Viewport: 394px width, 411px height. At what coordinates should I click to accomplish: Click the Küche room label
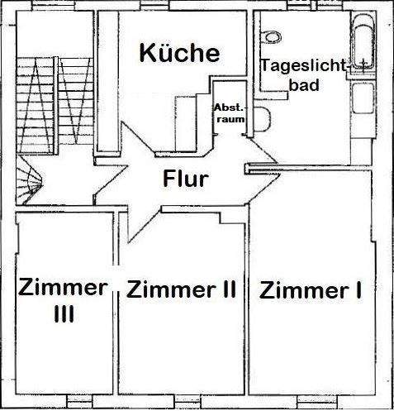pyautogui.click(x=179, y=53)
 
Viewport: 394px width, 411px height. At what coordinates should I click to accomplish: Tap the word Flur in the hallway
pyautogui.click(x=185, y=178)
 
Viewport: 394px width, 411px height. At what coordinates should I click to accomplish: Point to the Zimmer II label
pyautogui.click(x=181, y=289)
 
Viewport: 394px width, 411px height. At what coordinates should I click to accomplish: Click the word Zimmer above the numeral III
pyautogui.click(x=63, y=288)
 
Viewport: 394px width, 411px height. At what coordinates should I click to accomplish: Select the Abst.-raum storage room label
pyautogui.click(x=229, y=113)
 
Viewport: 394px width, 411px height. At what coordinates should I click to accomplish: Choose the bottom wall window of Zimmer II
pyautogui.click(x=185, y=402)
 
